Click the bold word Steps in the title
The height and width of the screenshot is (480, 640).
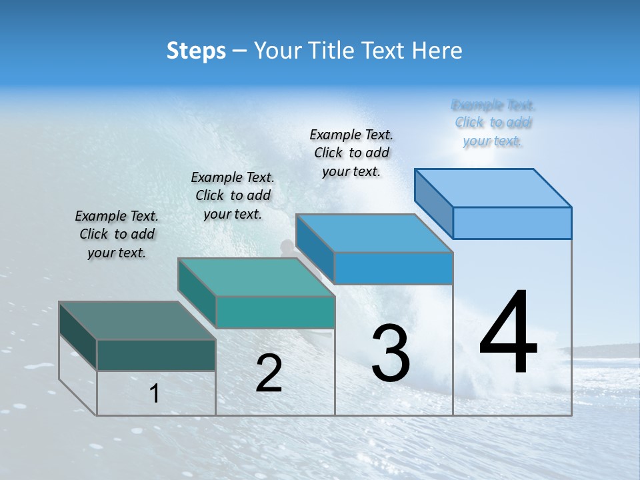click(196, 51)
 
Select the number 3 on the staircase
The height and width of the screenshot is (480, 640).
click(391, 353)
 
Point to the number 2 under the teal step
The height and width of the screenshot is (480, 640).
click(269, 373)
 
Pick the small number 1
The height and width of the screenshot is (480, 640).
click(155, 394)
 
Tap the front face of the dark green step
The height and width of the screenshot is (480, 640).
click(156, 355)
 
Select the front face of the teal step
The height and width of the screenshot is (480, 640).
click(275, 312)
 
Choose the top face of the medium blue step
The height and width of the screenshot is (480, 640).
click(374, 233)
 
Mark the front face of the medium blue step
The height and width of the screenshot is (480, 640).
click(393, 268)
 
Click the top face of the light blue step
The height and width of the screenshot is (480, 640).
click(493, 187)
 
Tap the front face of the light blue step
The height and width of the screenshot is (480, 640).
click(512, 223)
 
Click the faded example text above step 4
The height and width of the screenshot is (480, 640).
click(493, 123)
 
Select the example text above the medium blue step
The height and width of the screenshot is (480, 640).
click(351, 153)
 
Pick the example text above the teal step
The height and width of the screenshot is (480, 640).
click(233, 195)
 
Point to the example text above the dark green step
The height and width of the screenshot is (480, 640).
click(117, 234)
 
